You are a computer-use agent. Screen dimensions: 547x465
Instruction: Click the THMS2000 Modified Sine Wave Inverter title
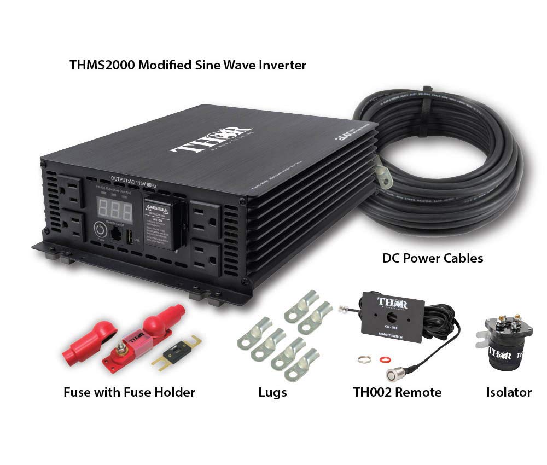[188, 65]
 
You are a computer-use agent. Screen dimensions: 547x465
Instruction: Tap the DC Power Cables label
[432, 258]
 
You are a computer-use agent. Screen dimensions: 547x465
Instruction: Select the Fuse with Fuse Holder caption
[129, 392]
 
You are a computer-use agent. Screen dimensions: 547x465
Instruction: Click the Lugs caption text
[272, 392]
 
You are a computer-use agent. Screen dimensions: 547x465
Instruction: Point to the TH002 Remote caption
[397, 392]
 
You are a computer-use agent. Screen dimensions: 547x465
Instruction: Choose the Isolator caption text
[509, 392]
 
